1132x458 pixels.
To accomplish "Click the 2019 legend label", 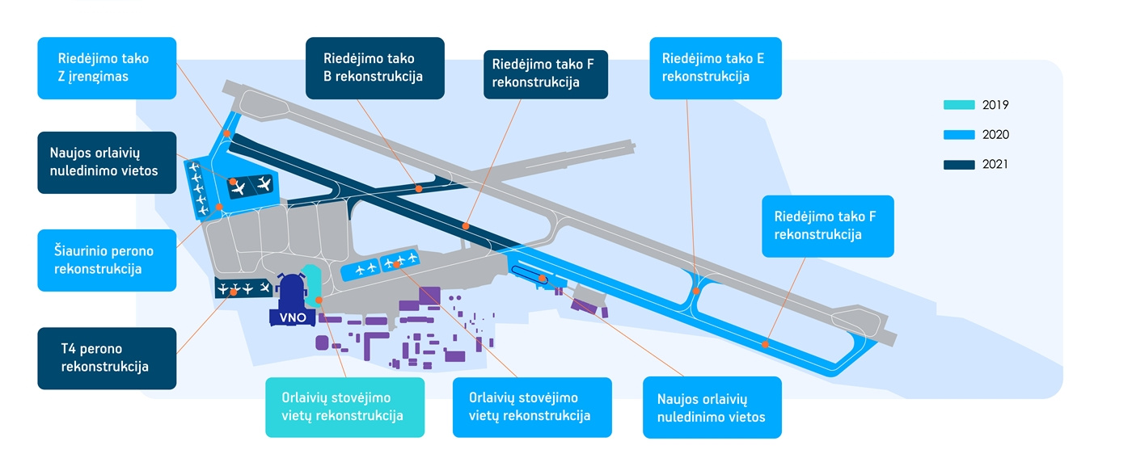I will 995,105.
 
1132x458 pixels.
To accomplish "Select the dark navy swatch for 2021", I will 959,165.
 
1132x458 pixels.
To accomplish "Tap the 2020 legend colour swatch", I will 959,135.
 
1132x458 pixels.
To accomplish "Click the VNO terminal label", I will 293,317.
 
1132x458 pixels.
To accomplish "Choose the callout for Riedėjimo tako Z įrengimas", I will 107,68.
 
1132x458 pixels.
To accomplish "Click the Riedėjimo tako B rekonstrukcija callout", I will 375,68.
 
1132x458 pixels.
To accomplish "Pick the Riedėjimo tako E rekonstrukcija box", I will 715,68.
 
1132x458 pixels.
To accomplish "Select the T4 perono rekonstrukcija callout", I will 107,358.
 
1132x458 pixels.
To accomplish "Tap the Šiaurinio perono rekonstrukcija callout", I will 107,259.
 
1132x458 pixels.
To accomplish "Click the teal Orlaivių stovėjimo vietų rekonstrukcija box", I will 345,407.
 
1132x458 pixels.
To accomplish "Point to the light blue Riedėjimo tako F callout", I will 827,226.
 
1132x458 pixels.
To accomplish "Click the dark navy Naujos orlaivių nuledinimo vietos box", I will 107,162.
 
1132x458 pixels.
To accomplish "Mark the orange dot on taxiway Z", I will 227,133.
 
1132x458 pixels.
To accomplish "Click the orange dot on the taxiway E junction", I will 696,291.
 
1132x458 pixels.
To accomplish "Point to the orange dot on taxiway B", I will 419,188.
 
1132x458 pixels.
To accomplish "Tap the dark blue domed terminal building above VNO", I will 291,289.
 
